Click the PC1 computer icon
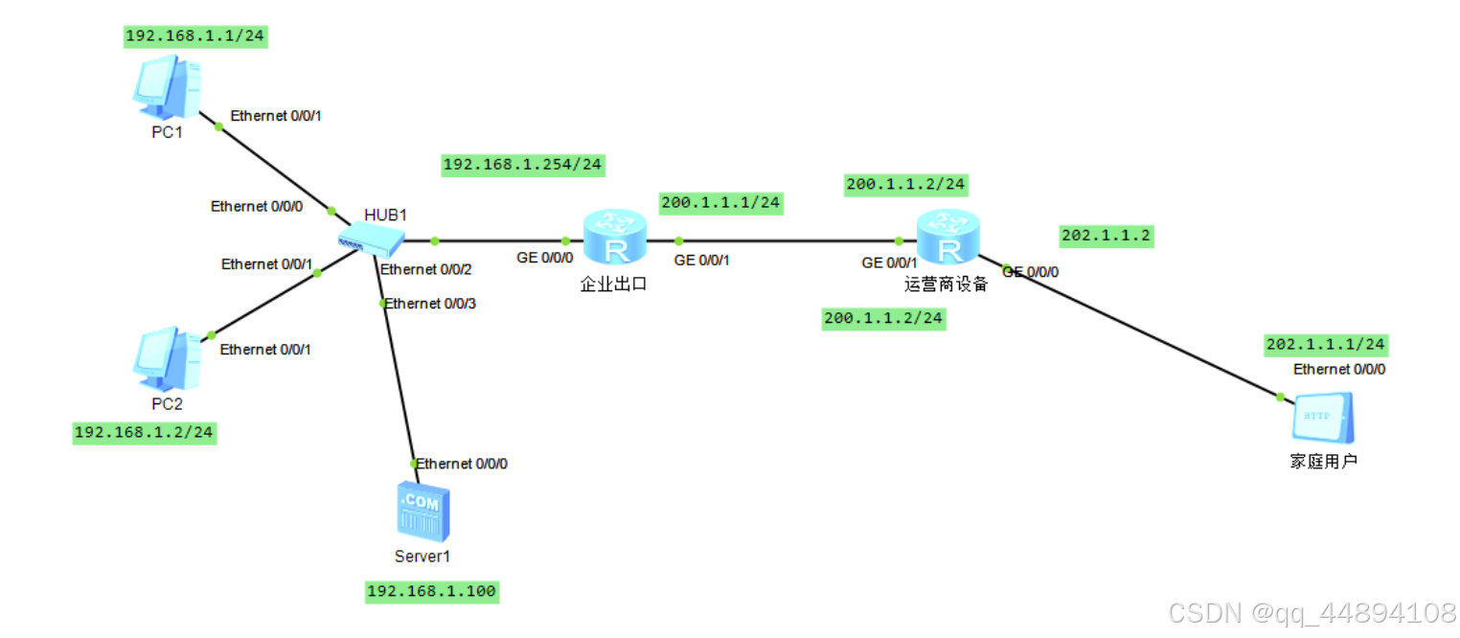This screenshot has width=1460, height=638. pos(167,86)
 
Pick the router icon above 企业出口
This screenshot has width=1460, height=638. pos(614,239)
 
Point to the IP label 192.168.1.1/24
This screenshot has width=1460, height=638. pos(195,36)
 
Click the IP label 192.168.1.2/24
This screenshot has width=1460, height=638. pos(144,433)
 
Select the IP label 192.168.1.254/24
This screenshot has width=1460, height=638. pos(522,165)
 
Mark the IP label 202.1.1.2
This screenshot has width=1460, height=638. pos(1106,236)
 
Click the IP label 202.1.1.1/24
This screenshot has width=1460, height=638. pos(1326,344)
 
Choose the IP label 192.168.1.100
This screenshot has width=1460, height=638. pos(432,592)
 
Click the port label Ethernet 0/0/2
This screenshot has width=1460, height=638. pos(426,269)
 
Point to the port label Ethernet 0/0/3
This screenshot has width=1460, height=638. pos(429,304)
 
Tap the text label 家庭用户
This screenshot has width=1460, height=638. pos(1324,462)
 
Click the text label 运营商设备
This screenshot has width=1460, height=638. pos(946,285)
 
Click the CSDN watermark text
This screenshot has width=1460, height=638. pos(1313,613)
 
